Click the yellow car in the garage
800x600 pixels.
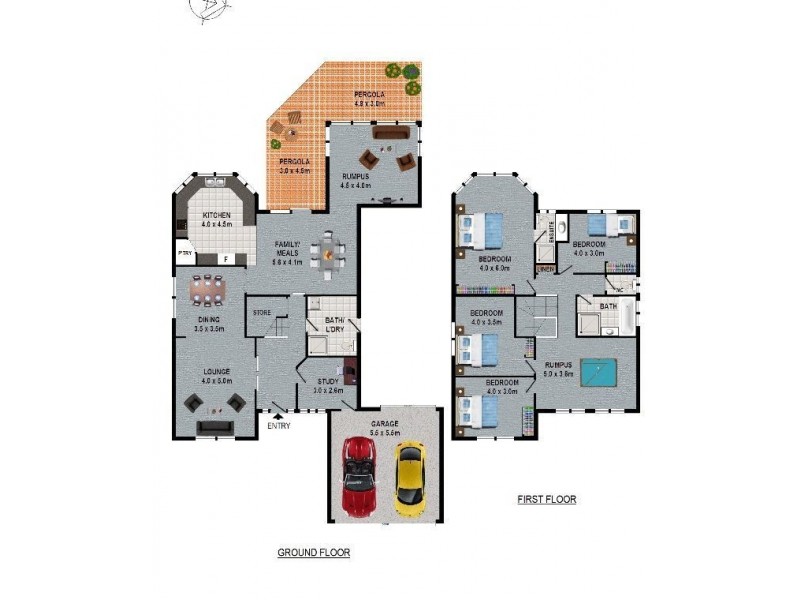[409, 478]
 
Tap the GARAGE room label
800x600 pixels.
[384, 423]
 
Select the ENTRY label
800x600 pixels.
[278, 427]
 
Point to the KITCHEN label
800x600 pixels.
[217, 216]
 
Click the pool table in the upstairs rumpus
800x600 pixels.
[599, 372]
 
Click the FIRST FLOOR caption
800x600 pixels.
[546, 499]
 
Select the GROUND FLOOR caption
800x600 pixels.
[313, 551]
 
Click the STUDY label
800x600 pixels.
[327, 381]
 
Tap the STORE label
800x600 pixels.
[262, 313]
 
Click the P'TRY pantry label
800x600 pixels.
[185, 254]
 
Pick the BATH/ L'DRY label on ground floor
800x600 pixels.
[334, 325]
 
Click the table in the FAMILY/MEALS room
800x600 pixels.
[325, 251]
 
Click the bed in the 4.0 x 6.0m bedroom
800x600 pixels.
[483, 231]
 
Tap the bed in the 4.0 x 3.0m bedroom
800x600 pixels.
[609, 224]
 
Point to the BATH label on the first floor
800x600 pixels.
[608, 306]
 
